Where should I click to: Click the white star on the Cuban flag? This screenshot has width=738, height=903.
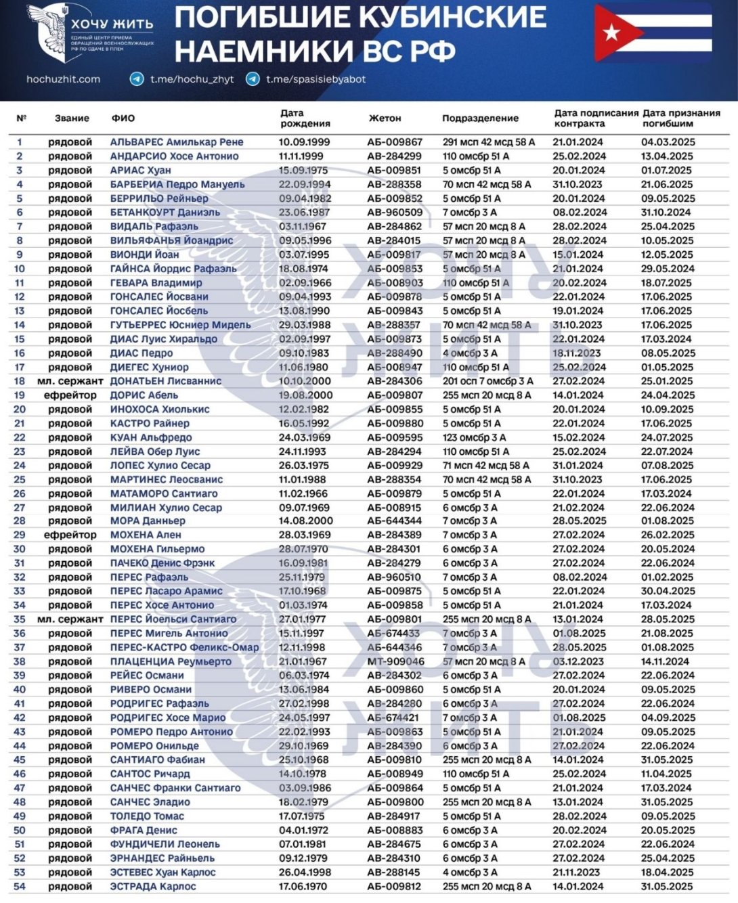[611, 32]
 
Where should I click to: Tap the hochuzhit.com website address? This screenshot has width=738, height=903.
[63, 79]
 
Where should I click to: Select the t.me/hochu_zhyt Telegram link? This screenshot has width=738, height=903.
[192, 79]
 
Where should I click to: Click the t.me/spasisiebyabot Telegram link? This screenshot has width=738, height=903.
[316, 79]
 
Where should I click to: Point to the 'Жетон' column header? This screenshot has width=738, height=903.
[385, 118]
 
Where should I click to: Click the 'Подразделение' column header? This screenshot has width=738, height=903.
[480, 118]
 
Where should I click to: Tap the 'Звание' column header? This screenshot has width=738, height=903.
[72, 118]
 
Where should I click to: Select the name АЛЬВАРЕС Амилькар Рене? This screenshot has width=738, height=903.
[177, 142]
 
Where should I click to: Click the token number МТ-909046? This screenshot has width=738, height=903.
[396, 661]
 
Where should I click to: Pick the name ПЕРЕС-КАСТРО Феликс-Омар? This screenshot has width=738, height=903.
[184, 647]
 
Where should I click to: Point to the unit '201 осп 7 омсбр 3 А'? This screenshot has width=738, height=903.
[487, 381]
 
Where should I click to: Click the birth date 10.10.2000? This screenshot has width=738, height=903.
[305, 381]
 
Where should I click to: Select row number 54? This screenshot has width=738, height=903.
[20, 886]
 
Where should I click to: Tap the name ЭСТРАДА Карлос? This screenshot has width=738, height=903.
[153, 886]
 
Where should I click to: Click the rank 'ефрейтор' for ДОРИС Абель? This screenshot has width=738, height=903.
[70, 395]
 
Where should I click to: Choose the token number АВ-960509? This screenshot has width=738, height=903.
[395, 213]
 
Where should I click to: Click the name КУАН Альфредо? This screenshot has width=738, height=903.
[151, 437]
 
